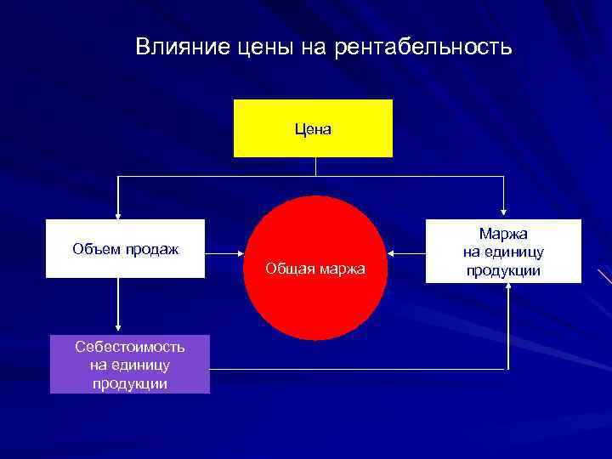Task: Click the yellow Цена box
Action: [x=313, y=128]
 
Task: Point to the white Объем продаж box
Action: [x=125, y=248]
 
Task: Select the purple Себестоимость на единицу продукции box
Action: [x=129, y=364]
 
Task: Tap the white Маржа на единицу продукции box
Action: [x=503, y=251]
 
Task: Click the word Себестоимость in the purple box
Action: [x=129, y=347]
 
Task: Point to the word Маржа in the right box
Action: [x=503, y=233]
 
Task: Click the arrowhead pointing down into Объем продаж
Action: [x=118, y=213]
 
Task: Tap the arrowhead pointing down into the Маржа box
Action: [x=504, y=213]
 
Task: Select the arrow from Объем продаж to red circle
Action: [x=224, y=252]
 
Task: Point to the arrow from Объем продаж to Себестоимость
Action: [x=118, y=306]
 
